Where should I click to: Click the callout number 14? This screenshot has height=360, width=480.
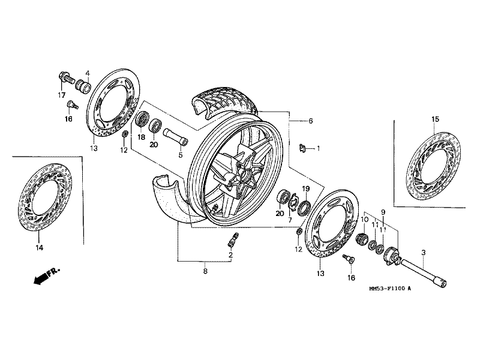39,247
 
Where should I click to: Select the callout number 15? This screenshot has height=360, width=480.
436,119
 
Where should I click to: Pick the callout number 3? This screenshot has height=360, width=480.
423,253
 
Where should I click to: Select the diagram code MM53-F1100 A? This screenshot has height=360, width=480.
390,289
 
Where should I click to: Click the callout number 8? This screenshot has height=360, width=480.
205,272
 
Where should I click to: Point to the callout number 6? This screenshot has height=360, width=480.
311,121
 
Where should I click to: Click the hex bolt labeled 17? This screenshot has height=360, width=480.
64,77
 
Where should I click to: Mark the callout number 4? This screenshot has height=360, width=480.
87,73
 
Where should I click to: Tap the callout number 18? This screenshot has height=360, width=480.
142,137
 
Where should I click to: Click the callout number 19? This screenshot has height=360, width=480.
305,189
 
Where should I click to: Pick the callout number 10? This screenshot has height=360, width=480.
364,220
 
